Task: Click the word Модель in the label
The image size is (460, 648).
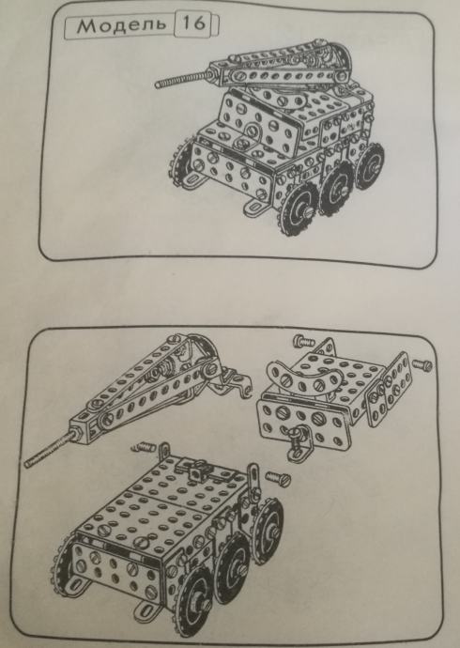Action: pyautogui.click(x=120, y=25)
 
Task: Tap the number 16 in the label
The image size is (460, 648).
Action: pyautogui.click(x=193, y=23)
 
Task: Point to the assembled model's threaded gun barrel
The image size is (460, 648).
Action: pyautogui.click(x=182, y=79)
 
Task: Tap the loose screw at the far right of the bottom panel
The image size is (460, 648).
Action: pyautogui.click(x=422, y=364)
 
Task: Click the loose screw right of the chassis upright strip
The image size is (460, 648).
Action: pyautogui.click(x=278, y=478)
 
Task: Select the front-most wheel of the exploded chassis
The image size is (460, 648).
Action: pyautogui.click(x=196, y=596)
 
